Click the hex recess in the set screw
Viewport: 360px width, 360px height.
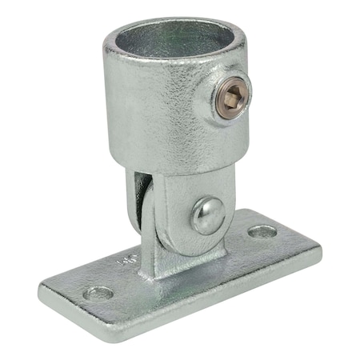(231, 99)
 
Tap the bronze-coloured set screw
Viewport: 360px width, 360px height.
(232, 99)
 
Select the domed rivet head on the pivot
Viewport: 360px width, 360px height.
(207, 214)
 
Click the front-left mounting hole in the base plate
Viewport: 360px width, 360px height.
(98, 293)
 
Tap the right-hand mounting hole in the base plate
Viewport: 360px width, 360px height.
(262, 233)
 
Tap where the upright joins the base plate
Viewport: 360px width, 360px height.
(172, 268)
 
